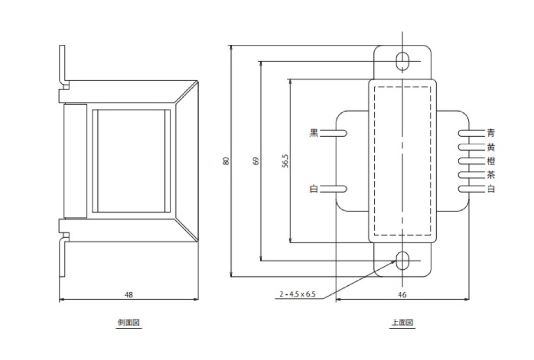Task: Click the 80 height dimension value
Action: [x=226, y=161]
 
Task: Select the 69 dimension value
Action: [x=256, y=161]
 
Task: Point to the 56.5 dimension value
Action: [x=285, y=161]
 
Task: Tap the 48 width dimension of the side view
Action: [x=128, y=294]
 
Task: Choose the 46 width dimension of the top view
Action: [x=403, y=294]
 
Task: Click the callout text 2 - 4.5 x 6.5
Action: [x=297, y=294]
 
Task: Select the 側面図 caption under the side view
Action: [x=129, y=323]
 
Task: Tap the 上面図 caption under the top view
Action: [x=403, y=323]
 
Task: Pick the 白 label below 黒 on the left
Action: [x=314, y=189]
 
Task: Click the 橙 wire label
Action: [x=491, y=161]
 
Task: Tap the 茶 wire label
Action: [x=491, y=175]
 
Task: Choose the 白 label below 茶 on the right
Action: [x=491, y=189]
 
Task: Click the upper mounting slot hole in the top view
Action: [x=402, y=60]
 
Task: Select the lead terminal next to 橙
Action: [x=470, y=161]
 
